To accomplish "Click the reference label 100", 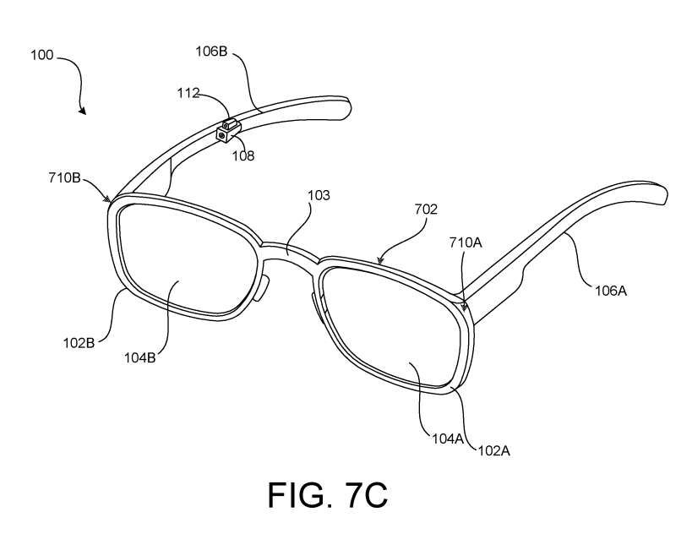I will [41, 56].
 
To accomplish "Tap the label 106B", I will [212, 52].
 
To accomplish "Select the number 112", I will [188, 93].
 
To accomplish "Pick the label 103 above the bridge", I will [319, 195].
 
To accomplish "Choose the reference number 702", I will [426, 210].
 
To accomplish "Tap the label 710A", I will [466, 242].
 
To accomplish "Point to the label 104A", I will [440, 438].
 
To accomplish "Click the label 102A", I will [493, 449].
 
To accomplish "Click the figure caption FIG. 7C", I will [329, 496].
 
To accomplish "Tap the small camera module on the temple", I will [226, 133].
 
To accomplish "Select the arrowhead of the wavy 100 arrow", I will [83, 111].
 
